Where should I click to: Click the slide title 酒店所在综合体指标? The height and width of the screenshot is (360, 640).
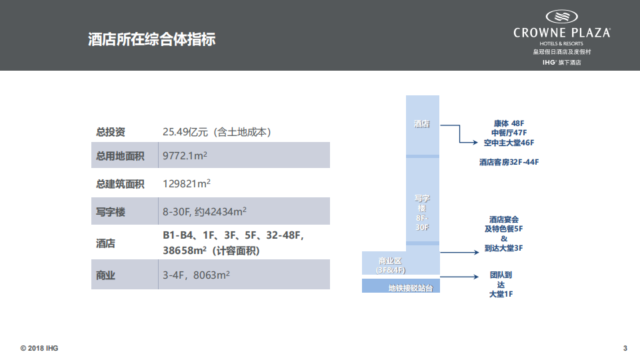(x=152, y=39)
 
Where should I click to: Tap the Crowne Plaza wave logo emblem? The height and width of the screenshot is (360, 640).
(x=561, y=17)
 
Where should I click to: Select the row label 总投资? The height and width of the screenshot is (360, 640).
(x=110, y=132)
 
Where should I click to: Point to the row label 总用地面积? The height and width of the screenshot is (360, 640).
(x=120, y=156)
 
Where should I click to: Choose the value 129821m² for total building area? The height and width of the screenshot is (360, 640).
(x=187, y=184)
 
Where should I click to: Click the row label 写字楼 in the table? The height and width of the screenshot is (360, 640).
(x=111, y=213)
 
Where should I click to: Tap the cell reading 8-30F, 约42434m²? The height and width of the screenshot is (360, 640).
(x=205, y=213)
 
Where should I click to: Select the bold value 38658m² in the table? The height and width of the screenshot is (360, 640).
(x=184, y=251)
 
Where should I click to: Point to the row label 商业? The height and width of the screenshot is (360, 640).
(x=106, y=275)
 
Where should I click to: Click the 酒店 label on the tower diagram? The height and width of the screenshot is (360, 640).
(x=421, y=124)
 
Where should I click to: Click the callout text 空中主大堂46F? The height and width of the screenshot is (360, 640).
(x=509, y=143)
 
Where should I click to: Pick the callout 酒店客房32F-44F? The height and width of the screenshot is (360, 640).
(x=508, y=162)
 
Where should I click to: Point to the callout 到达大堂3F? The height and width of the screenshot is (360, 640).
(x=503, y=248)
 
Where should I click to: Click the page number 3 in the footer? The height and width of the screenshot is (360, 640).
(x=625, y=348)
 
